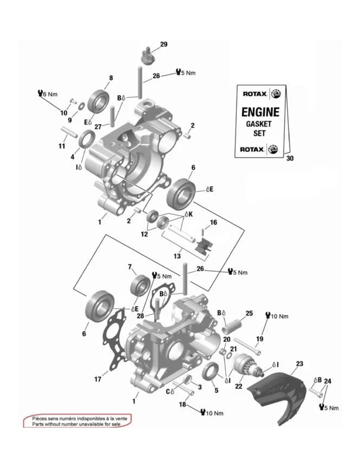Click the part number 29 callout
pyautogui.click(x=164, y=45)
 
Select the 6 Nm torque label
pyautogui.click(x=48, y=94)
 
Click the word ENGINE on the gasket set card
pyautogui.click(x=260, y=112)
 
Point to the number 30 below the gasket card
pyautogui.click(x=290, y=158)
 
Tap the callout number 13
pyautogui.click(x=177, y=256)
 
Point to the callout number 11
pyautogui.click(x=62, y=146)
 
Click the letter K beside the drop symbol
pyautogui.click(x=191, y=214)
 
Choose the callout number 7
pyautogui.click(x=130, y=267)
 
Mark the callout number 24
pyautogui.click(x=327, y=381)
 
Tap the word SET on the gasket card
pyautogui.click(x=260, y=133)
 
